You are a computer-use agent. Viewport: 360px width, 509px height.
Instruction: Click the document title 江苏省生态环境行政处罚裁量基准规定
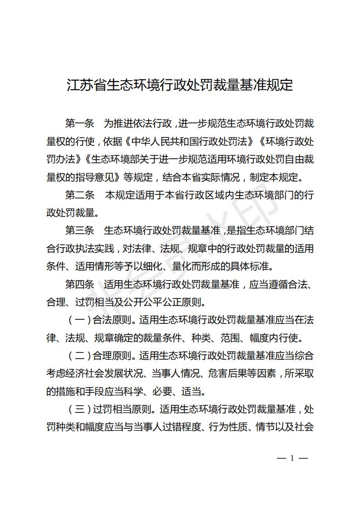click(180, 85)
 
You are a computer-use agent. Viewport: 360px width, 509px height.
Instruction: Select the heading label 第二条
click(79, 195)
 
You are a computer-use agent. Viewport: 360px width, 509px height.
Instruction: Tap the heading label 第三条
click(79, 230)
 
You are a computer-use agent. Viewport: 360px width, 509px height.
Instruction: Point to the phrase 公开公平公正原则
click(168, 302)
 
